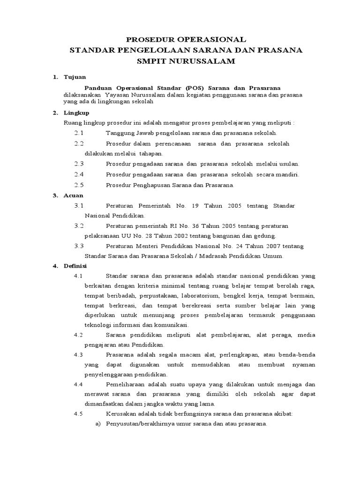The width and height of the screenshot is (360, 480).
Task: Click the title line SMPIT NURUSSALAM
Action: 180,61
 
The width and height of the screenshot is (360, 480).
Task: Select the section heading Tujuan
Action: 74,77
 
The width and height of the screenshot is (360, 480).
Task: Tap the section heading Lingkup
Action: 76,112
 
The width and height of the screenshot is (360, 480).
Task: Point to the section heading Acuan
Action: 74,195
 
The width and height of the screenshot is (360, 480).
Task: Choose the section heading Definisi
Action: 76,266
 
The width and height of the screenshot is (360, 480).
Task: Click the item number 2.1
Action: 79,133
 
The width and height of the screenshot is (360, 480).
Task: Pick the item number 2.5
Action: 79,185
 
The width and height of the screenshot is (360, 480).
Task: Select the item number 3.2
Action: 79,225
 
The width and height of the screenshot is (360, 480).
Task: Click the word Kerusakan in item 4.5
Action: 121,414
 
